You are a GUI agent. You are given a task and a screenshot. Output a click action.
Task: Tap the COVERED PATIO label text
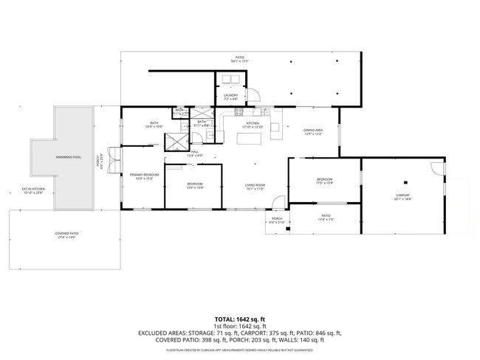(66, 235)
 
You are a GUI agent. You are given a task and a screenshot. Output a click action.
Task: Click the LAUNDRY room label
(230, 97)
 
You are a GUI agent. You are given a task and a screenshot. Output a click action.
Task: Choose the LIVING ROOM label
(256, 186)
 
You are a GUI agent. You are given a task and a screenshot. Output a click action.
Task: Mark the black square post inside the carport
(405, 182)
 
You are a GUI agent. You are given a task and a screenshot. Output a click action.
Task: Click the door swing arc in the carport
(442, 167)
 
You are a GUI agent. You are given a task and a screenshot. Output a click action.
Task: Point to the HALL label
(194, 154)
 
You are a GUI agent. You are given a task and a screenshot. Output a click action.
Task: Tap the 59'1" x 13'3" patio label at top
(239, 59)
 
